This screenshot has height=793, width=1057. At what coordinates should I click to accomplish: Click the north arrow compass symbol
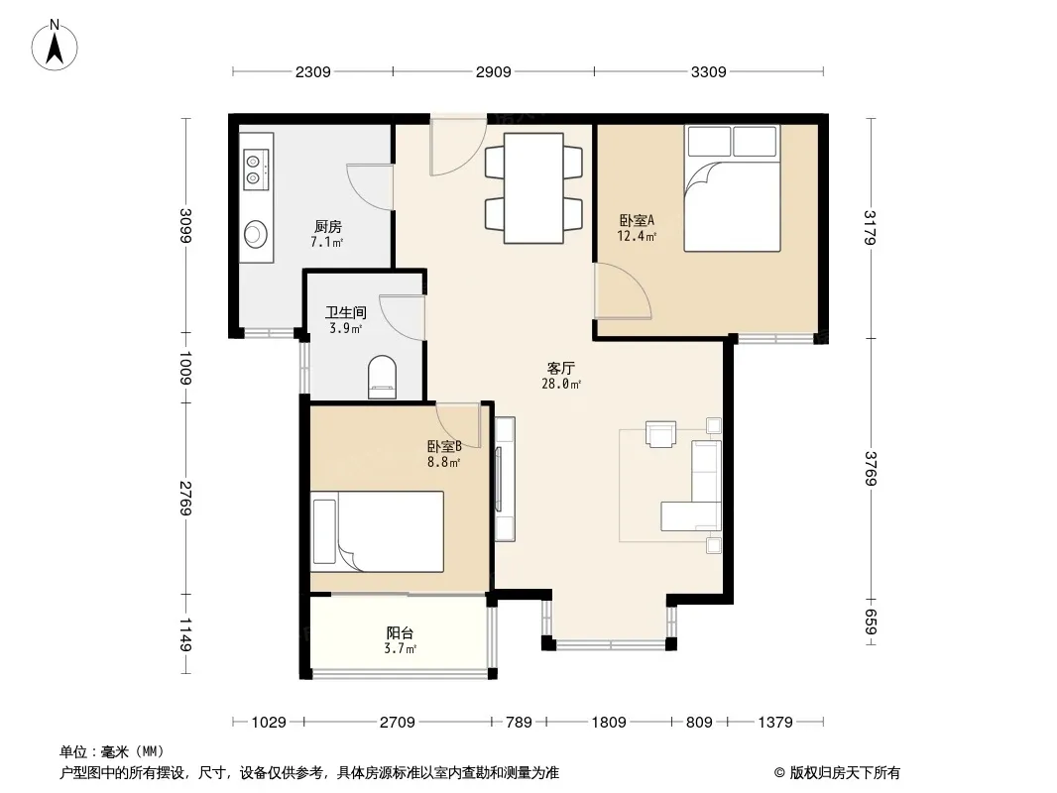pos(55,46)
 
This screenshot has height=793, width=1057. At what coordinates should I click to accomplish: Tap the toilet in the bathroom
pos(382,377)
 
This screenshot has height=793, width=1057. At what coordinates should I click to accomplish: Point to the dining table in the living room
pos(533,188)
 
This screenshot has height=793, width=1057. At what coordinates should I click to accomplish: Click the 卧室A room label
pos(637,220)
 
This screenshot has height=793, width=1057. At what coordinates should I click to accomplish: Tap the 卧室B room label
pos(443,446)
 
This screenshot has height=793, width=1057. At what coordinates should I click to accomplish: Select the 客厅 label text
pos(560,369)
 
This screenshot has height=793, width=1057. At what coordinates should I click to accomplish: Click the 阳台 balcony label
pos(400,633)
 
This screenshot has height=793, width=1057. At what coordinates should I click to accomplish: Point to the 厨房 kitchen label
pos(327,226)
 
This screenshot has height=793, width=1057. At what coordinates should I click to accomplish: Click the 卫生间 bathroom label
pos(346,312)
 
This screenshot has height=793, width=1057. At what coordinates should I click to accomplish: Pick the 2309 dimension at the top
pos(312,71)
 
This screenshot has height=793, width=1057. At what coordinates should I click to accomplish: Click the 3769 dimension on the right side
pos(871,468)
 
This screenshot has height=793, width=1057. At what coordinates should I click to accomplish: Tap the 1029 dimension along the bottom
pos(269,723)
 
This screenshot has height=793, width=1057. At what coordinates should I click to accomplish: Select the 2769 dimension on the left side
pos(186,498)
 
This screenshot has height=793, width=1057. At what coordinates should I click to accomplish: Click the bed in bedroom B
pos(378,531)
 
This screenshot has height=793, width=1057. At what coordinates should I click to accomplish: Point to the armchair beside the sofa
pos(660,433)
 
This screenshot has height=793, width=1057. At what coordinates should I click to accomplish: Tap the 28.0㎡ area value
pos(561,384)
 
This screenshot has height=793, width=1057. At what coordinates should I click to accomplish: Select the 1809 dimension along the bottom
pos(609,723)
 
